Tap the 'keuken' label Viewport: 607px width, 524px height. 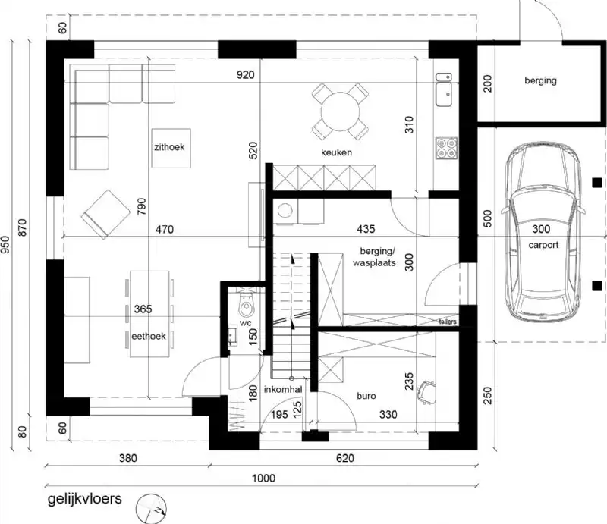click(337, 152)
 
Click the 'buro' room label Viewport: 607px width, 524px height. click(368, 395)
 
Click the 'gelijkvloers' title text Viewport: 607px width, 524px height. click(83, 500)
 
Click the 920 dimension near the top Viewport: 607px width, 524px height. click(245, 74)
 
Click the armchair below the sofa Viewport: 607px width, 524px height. click(105, 213)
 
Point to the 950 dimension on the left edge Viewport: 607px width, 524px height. click(7, 244)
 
